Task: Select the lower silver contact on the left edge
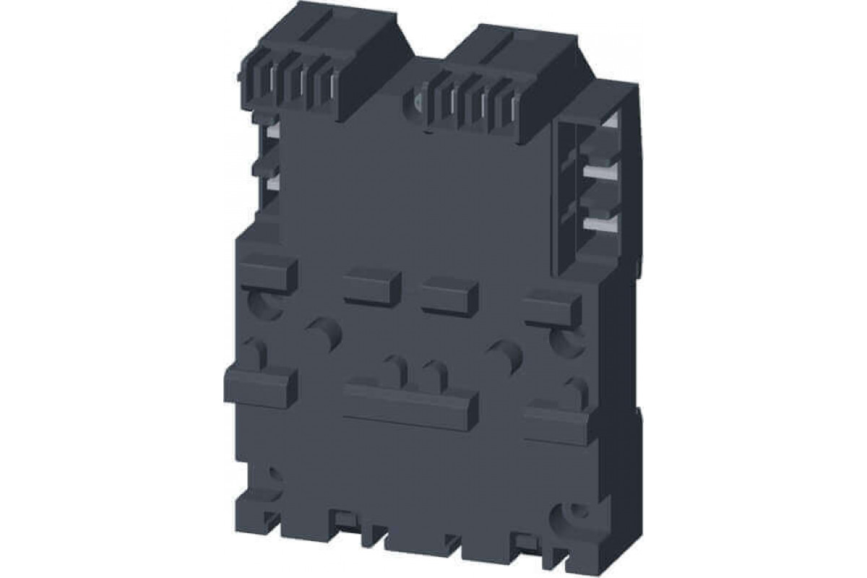coord(273,184)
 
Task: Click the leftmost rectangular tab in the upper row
coord(267,270)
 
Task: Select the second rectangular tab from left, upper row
coord(372,287)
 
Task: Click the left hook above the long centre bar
coord(397,369)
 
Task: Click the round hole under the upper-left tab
coord(263,304)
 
